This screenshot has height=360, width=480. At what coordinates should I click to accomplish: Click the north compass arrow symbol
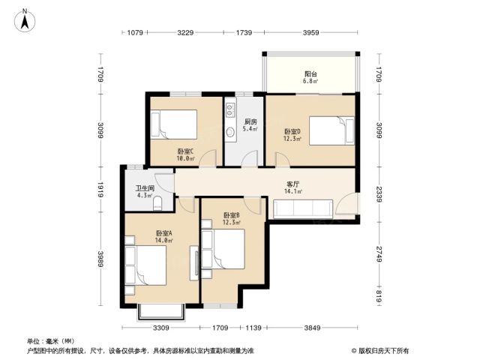[x=25, y=20]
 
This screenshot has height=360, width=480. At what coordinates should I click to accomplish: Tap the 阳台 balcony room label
[x=310, y=74]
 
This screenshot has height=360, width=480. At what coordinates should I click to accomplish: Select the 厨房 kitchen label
[x=250, y=121]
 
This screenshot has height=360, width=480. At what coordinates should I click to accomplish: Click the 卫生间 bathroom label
[x=145, y=188]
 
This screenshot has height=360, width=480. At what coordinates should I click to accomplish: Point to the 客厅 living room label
[x=293, y=184]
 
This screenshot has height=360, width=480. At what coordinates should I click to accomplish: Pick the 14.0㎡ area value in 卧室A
[x=163, y=241]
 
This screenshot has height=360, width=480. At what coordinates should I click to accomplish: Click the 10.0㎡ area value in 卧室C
[x=185, y=158]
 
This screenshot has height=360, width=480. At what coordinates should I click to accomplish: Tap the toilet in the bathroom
[x=157, y=203]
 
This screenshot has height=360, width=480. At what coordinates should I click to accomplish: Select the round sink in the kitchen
[x=230, y=132]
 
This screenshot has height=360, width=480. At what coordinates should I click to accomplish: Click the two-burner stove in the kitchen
[x=230, y=110]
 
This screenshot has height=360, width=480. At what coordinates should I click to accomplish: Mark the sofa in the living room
[x=303, y=209]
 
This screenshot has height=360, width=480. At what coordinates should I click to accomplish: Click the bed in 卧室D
[x=331, y=130]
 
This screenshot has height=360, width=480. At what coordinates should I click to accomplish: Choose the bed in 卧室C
[x=173, y=124]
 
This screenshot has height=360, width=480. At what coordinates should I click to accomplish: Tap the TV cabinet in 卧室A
[x=194, y=263]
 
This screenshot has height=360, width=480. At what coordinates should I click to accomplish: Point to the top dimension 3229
[x=185, y=32]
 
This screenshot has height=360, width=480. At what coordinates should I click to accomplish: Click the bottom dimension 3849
[x=312, y=328]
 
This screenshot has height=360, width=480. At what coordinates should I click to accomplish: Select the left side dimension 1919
[x=100, y=190]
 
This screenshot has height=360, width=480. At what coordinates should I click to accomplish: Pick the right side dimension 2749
[x=379, y=253]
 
